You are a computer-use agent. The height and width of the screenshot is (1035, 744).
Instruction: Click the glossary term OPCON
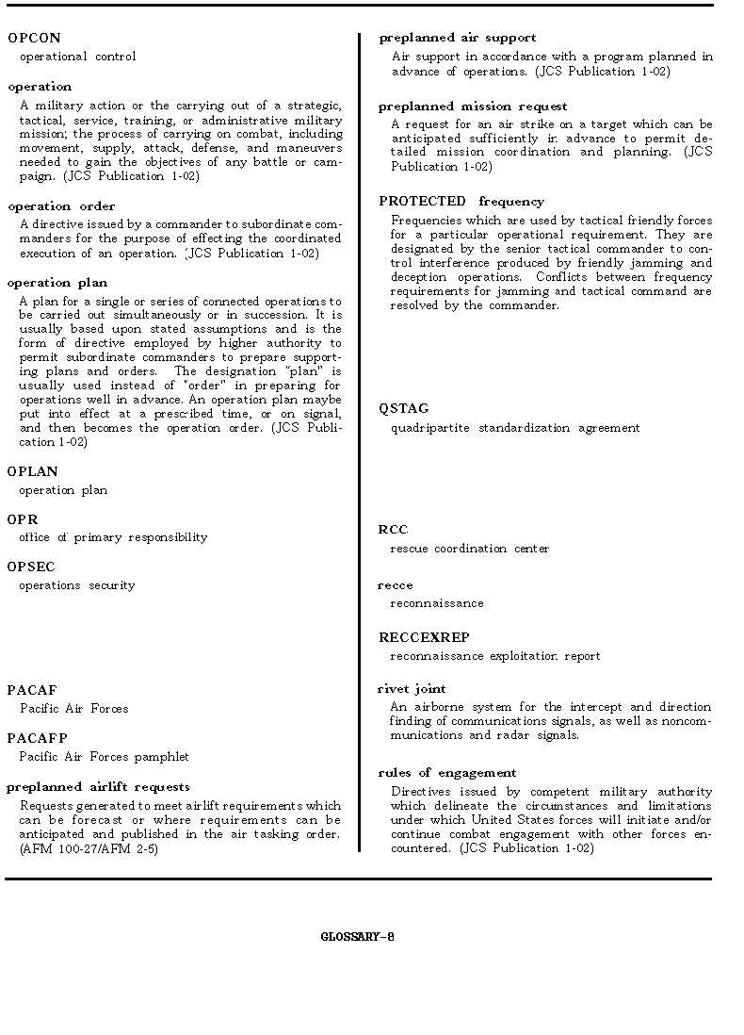tap(34, 39)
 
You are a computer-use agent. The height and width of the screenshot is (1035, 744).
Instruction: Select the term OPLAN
tap(33, 472)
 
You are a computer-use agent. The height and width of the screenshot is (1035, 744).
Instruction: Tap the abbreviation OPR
tap(23, 519)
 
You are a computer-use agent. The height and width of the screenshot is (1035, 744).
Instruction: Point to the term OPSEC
tap(31, 567)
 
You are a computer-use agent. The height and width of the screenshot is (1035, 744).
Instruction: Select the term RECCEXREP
tap(424, 638)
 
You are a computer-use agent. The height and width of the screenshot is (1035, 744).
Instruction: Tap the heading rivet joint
tap(412, 689)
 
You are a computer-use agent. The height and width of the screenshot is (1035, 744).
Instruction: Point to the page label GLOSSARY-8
tap(357, 937)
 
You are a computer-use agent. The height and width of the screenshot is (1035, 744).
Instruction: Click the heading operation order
tap(61, 206)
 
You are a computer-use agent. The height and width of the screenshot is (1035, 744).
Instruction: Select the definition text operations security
tap(77, 585)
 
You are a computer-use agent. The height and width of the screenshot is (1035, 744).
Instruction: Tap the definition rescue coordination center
tap(470, 549)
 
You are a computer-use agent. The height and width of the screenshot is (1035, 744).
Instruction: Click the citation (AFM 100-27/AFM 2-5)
tap(89, 848)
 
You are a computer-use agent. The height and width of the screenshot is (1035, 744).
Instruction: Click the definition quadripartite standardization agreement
tap(515, 428)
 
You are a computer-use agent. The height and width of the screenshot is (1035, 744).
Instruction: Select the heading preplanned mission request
tap(473, 107)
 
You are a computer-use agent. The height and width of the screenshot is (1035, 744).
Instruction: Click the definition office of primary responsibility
tap(113, 537)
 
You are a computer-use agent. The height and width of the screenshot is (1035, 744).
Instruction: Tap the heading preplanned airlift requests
tap(98, 787)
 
